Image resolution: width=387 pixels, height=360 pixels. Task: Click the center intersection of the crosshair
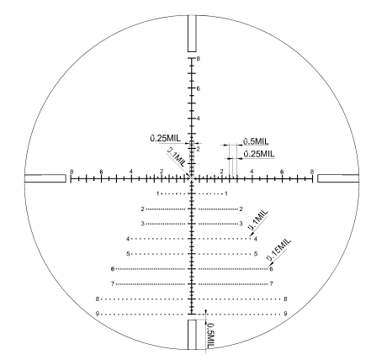[193, 178]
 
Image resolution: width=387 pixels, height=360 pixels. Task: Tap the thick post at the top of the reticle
[193, 35]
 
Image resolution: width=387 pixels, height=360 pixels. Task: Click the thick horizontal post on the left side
[45, 178]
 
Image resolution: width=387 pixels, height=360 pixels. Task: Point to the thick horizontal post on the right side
[339, 178]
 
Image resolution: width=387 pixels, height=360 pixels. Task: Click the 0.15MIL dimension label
[278, 249]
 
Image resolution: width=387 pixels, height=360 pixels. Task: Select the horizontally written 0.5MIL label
[256, 140]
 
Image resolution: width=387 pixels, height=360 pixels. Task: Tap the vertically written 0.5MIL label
[210, 336]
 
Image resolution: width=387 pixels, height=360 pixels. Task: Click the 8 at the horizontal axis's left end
[72, 171]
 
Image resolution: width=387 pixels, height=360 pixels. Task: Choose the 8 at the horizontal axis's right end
[313, 171]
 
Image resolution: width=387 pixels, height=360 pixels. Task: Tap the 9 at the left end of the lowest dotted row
[98, 314]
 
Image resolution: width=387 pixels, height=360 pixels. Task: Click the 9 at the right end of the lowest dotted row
[286, 314]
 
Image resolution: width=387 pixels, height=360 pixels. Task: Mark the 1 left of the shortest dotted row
[158, 193]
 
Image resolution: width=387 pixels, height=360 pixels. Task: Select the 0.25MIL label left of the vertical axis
[165, 138]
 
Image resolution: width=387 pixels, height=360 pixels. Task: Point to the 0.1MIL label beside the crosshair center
[177, 157]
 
